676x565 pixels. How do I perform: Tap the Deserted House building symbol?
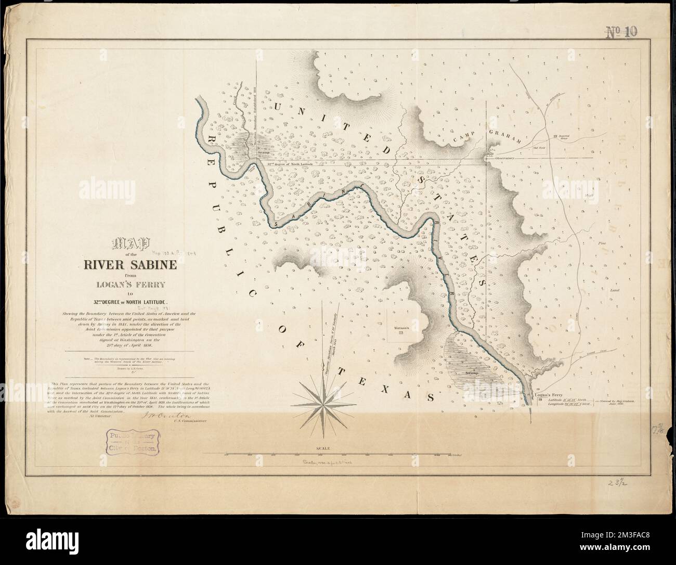[x=555, y=136]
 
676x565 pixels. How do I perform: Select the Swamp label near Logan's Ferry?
[x=472, y=374]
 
